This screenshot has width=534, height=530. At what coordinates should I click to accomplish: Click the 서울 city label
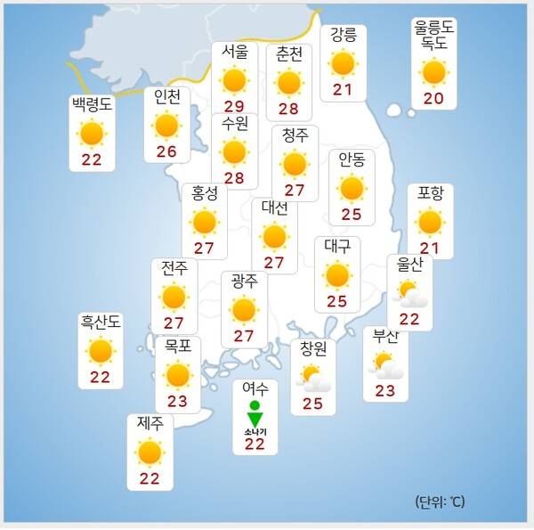click(x=234, y=53)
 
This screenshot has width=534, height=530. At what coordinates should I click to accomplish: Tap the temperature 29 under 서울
click(x=234, y=105)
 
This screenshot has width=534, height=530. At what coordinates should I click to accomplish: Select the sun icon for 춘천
click(x=288, y=82)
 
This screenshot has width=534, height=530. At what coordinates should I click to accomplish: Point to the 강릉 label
click(x=342, y=37)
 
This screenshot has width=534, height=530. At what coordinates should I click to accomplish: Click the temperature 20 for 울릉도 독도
click(x=433, y=97)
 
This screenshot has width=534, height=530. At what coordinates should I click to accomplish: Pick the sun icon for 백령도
click(x=92, y=134)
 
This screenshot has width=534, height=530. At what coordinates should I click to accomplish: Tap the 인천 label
click(x=166, y=97)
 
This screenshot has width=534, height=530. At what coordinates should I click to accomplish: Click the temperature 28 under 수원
click(x=234, y=177)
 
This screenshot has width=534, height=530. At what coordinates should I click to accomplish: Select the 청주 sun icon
click(x=294, y=164)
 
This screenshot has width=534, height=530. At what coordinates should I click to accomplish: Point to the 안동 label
click(x=352, y=160)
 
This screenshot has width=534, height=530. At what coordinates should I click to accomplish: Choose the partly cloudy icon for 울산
click(x=411, y=293)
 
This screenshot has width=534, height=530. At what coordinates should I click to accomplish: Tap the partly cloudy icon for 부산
click(x=386, y=365)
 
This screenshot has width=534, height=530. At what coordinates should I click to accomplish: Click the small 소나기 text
click(x=255, y=432)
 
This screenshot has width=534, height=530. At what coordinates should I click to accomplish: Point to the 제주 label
click(x=150, y=424)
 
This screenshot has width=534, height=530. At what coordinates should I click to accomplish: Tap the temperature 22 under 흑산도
click(x=100, y=377)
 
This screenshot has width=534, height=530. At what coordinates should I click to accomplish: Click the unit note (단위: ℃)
click(x=439, y=501)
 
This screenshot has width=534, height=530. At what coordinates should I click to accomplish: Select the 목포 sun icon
click(x=178, y=375)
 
